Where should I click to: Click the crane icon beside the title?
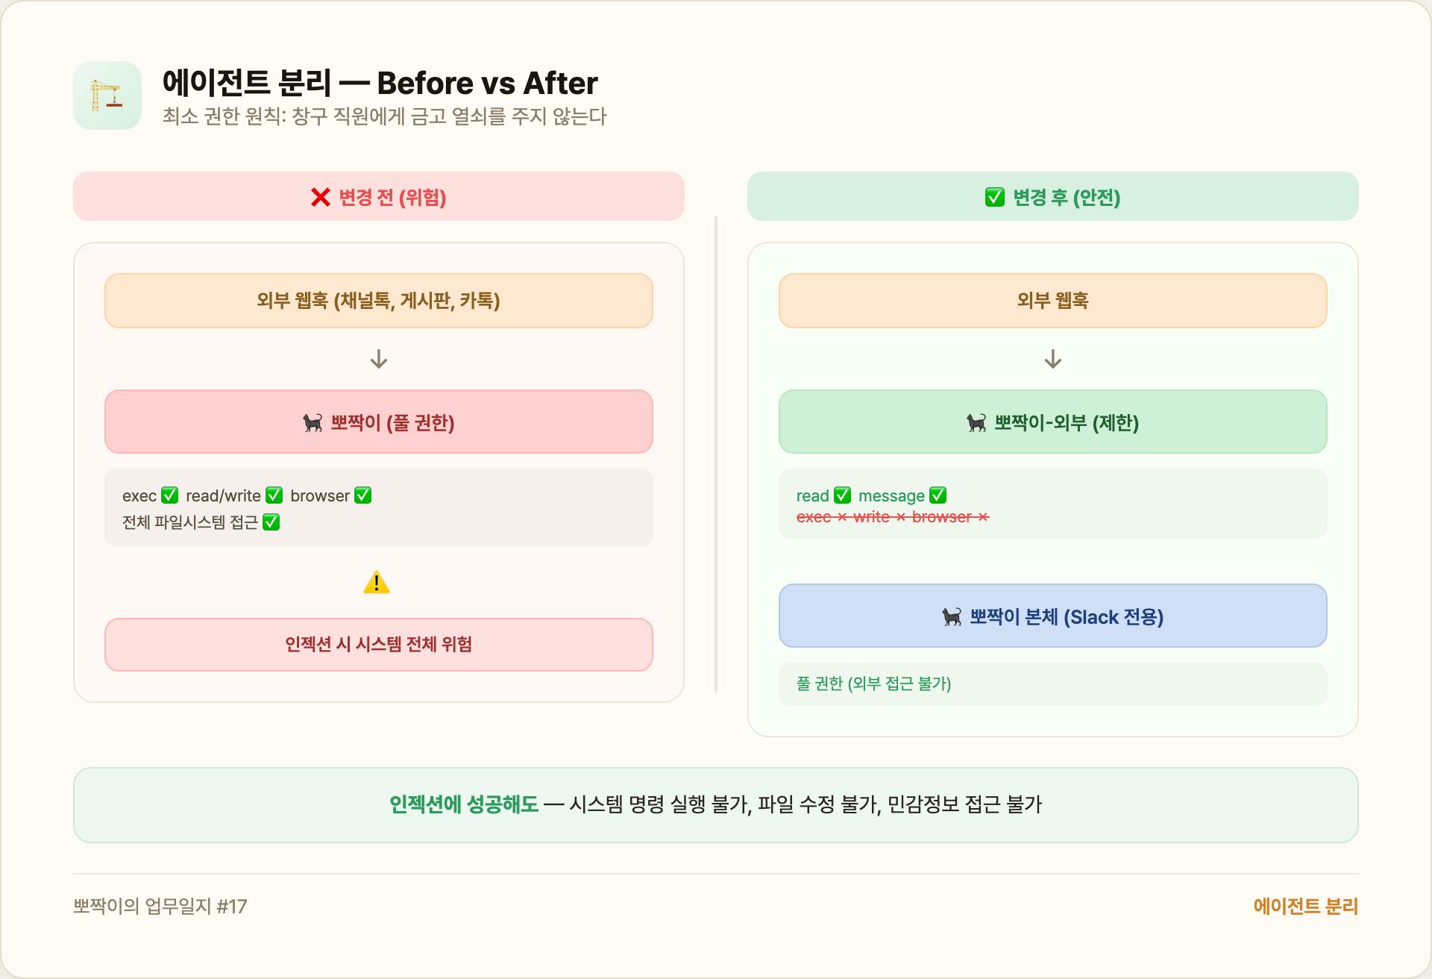(107, 96)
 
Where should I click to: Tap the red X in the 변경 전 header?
(321, 197)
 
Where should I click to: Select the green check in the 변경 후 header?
(994, 197)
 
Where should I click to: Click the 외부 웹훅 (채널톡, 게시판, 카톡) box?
(378, 301)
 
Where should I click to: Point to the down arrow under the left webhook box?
(379, 359)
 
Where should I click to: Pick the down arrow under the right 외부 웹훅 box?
(1052, 359)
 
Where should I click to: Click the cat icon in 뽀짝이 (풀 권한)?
(313, 423)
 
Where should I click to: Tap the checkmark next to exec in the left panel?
(170, 495)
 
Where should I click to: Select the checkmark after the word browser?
(363, 495)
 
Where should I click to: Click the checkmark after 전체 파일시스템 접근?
(271, 522)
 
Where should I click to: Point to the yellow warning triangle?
(377, 582)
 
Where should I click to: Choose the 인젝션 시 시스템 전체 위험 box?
(378, 644)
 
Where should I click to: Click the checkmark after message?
(938, 495)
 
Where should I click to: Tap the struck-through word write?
(871, 517)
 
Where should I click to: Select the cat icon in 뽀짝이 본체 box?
(952, 617)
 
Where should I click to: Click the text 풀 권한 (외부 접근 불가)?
(873, 684)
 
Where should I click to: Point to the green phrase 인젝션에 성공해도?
(463, 804)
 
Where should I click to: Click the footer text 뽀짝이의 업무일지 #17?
(160, 907)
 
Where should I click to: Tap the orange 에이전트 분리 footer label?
(1305, 907)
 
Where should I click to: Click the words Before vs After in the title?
(487, 84)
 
